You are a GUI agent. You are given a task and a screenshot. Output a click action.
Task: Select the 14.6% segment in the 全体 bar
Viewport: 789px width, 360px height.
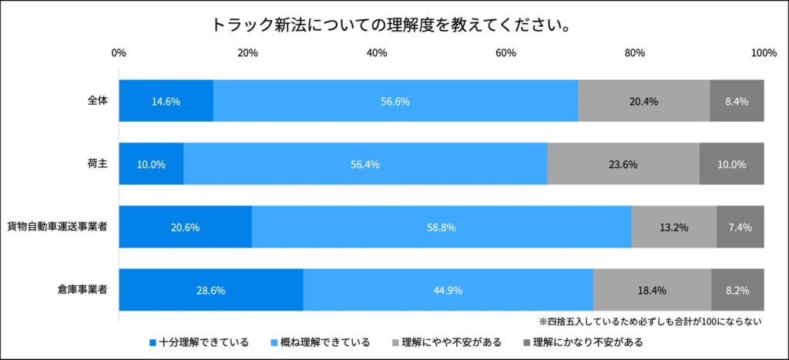click(x=166, y=101)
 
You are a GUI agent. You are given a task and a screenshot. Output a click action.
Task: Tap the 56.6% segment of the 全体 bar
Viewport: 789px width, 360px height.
click(x=395, y=101)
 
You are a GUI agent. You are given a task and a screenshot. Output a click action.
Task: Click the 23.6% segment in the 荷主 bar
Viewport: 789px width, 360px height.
click(x=623, y=164)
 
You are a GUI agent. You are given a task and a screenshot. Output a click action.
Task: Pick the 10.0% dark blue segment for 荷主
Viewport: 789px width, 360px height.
click(x=151, y=164)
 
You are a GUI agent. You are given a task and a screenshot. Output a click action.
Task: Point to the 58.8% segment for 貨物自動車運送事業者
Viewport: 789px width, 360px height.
click(x=441, y=227)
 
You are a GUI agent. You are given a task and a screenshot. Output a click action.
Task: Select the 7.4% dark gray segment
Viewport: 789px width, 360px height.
click(x=740, y=227)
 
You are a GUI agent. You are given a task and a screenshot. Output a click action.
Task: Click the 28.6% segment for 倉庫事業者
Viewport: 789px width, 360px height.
click(x=210, y=291)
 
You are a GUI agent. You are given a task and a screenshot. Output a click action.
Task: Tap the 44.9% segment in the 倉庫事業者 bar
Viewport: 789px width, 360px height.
click(x=448, y=291)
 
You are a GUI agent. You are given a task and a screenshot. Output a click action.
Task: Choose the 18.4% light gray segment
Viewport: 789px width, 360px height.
click(x=652, y=291)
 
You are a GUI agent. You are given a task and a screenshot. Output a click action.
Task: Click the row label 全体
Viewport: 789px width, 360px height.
click(x=97, y=100)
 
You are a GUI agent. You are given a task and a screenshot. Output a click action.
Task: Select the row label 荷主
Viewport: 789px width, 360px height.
click(x=97, y=163)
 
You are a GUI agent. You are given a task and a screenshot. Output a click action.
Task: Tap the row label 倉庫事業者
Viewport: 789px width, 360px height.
click(x=82, y=290)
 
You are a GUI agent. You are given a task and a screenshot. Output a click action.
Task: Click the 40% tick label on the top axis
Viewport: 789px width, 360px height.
click(x=376, y=52)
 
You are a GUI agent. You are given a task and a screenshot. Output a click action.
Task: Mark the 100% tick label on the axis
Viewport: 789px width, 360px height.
click(x=763, y=52)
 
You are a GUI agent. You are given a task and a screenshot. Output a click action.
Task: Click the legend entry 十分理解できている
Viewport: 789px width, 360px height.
click(x=199, y=341)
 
